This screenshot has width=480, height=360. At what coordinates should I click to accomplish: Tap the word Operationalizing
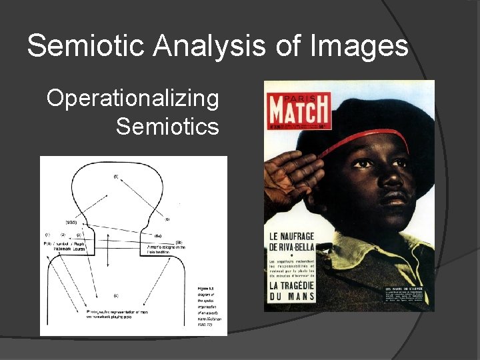coord(133,99)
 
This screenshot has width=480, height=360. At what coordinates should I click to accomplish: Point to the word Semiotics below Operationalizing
coord(167,125)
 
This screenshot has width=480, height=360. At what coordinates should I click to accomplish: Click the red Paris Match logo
coord(298,109)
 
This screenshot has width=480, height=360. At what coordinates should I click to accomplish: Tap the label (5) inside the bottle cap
coord(116,177)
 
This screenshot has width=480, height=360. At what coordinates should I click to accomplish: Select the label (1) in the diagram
coord(47,235)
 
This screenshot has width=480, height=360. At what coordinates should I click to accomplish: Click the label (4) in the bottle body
coord(116,295)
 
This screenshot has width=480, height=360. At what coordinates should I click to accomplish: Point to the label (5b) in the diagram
coord(178,241)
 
